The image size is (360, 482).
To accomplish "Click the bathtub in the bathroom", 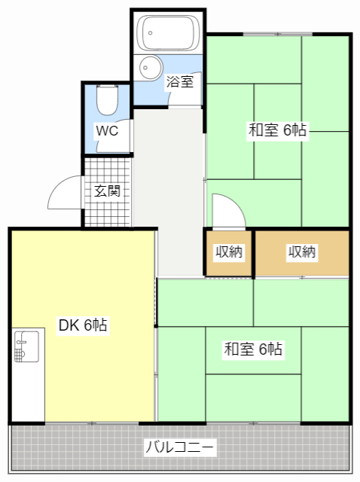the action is tap(168, 33).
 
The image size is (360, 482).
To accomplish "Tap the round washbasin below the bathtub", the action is tap(151, 68).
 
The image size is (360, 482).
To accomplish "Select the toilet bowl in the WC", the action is tap(107, 100).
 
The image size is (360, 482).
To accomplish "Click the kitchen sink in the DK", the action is tap(27, 346).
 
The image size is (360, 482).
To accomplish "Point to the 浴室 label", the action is tap(180, 81).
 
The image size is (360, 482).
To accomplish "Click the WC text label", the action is tap(107, 130).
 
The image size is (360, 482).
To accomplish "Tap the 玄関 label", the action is tap(107, 191).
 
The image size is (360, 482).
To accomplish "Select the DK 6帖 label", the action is tap(83, 325).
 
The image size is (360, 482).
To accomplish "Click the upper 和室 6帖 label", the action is tap(277, 130).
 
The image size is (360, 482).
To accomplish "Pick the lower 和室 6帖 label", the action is tap(253, 349).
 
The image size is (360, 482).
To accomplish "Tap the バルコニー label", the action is tap(179, 447).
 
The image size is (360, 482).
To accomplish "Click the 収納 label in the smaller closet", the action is tap(229, 252).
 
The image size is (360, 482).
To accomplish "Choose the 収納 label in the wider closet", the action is tap(302, 252).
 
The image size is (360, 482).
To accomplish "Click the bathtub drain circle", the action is tap(151, 32).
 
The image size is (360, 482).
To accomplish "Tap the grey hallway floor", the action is tap(169, 191).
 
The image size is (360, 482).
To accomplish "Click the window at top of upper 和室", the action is tap(278, 34).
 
